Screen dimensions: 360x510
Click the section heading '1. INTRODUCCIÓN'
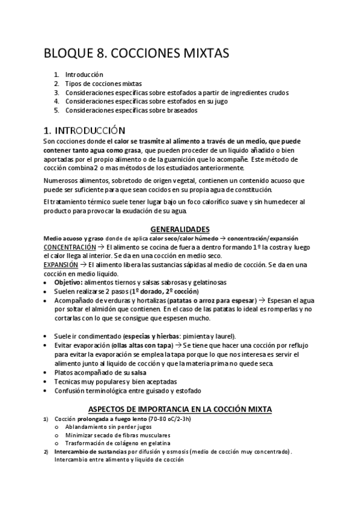85,130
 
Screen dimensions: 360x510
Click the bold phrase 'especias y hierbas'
149,336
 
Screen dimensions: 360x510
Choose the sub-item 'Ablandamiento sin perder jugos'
109,426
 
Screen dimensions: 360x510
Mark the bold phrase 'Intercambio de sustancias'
90,452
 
